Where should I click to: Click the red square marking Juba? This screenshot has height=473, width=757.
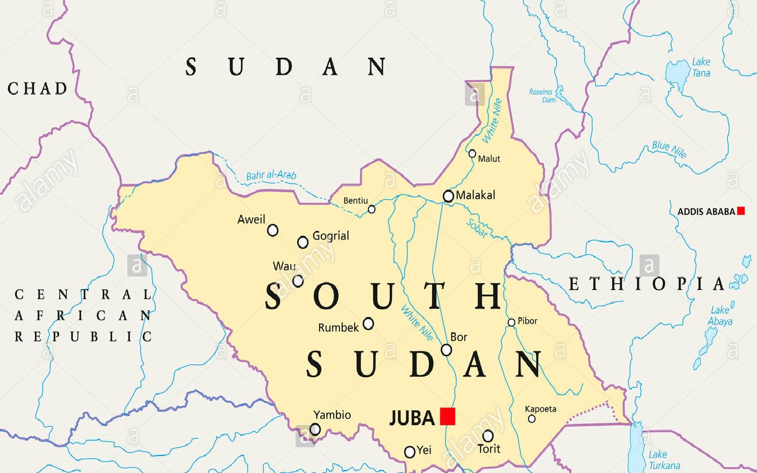(x=447, y=416)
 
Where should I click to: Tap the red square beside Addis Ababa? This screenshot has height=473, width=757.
(x=741, y=211)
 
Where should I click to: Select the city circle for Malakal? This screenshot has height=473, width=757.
(x=448, y=196)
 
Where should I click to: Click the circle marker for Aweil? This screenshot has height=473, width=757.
(x=273, y=230)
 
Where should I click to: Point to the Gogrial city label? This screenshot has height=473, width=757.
(x=331, y=236)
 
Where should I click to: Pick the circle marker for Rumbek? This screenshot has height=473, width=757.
(x=369, y=323)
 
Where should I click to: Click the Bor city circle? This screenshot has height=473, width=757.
(x=446, y=350)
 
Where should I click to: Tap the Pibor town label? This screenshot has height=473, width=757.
(x=527, y=321)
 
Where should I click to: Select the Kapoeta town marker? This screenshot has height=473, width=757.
(x=532, y=419)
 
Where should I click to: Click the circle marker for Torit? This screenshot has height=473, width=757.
(x=488, y=436)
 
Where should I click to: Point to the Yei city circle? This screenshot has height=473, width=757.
(x=409, y=452)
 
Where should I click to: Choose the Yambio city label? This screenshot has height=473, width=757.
(x=332, y=415)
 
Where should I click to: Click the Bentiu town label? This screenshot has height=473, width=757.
(x=356, y=201)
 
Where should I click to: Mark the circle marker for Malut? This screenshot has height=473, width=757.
(x=473, y=153)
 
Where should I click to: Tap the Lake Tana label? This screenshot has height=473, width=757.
(x=701, y=67)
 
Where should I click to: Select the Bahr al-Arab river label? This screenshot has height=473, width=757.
(x=271, y=175)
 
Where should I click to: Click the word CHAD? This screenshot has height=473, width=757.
(x=37, y=89)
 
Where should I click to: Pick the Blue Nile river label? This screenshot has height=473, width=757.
(x=669, y=150)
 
